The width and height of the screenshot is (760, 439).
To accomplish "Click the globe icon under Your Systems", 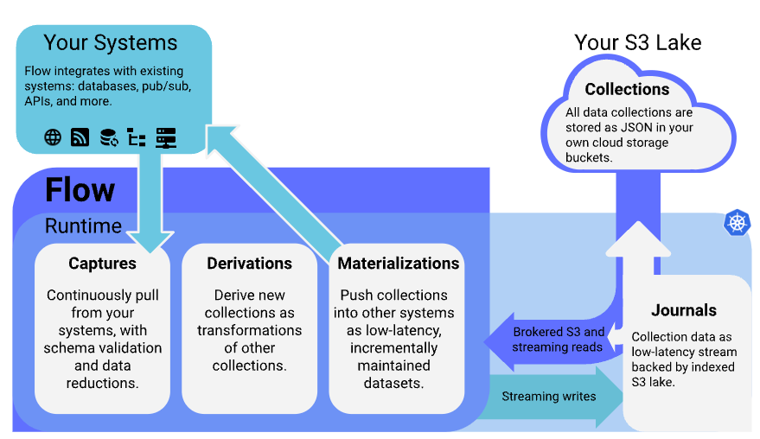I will [53, 137].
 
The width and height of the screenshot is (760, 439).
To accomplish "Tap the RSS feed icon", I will [80, 137].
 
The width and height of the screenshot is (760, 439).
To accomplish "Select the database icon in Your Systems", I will [109, 137].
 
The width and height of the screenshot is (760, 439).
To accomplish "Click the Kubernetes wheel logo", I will [736, 222].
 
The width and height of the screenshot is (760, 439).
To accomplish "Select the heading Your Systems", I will [111, 42].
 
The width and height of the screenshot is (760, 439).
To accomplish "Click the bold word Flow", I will [80, 189].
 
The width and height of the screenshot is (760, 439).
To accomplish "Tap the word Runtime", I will [83, 226].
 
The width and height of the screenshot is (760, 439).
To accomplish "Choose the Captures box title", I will [103, 264].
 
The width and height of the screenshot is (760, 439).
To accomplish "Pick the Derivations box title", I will [249, 264].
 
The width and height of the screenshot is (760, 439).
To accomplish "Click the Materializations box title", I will [398, 264].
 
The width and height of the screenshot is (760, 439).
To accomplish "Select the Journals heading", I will [684, 310].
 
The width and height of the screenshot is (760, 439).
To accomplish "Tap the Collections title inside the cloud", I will [627, 89].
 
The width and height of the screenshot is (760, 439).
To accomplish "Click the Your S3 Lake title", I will [637, 42].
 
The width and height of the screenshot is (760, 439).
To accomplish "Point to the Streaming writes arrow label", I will [549, 397].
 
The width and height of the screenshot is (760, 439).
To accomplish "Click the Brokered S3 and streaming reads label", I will [559, 340].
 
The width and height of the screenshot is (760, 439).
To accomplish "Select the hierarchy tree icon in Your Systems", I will [137, 137].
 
